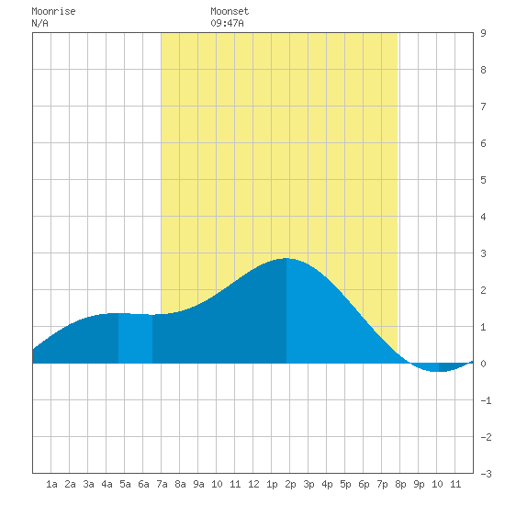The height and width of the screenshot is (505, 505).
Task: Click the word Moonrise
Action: (53, 11)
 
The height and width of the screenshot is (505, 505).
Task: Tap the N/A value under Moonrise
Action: (39, 23)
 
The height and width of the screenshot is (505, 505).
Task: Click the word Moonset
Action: (230, 11)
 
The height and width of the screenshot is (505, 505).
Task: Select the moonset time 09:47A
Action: (227, 23)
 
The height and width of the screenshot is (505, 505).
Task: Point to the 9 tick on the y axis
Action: (483, 33)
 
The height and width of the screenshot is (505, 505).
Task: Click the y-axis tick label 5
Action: (483, 180)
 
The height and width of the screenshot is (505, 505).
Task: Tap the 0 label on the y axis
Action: (483, 364)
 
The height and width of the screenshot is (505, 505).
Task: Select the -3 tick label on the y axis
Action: (486, 474)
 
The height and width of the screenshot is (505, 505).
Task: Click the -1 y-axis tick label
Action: (486, 400)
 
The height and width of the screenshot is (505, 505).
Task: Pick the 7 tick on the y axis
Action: (483, 107)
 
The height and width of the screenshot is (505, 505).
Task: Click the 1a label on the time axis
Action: (51, 484)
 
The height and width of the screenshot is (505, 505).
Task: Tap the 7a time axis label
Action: (162, 484)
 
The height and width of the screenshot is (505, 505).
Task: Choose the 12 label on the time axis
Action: (253, 484)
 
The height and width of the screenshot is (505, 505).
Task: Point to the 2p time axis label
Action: (290, 484)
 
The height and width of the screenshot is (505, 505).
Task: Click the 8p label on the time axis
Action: (400, 484)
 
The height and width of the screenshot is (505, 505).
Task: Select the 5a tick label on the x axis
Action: (125, 484)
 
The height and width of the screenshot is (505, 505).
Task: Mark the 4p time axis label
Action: (327, 484)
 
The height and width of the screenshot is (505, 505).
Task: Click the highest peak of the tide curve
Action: (286, 258)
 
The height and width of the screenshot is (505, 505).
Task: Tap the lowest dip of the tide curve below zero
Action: (438, 371)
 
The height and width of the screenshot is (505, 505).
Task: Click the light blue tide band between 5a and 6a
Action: (135, 338)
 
